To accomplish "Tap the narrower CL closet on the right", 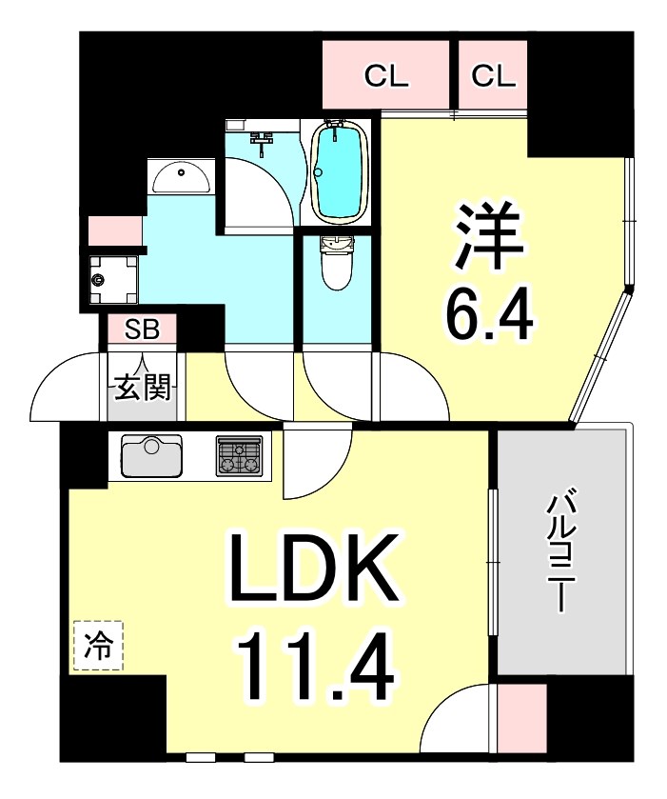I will tap(492, 76).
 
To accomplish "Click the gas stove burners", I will tap(239, 455).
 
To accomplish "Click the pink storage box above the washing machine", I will tap(115, 231).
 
